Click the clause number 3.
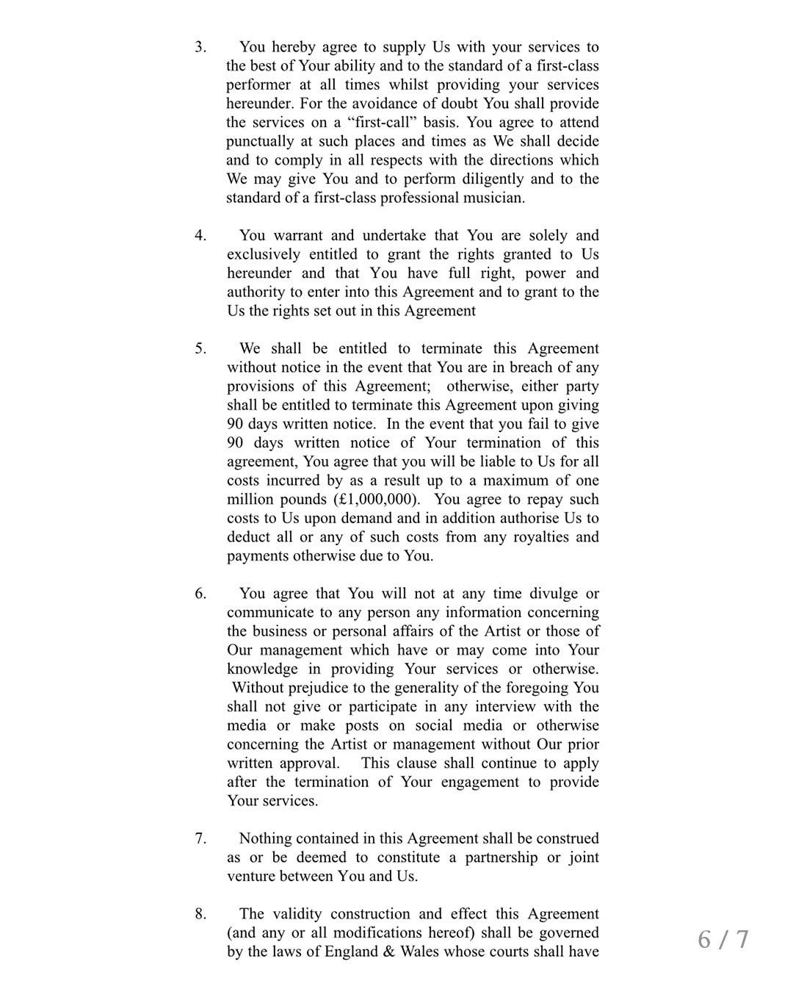[x=200, y=47]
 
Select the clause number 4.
[x=200, y=236]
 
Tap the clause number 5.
[x=200, y=349]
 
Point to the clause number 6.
[x=200, y=594]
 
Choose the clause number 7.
[x=200, y=838]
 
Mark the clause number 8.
[x=200, y=914]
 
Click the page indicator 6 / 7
[x=723, y=939]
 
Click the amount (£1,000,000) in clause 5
[x=377, y=500]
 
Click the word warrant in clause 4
[x=297, y=236]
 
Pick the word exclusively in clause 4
[x=263, y=255]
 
